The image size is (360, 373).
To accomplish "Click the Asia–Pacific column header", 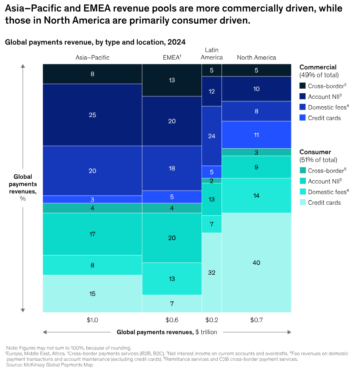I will pos(92,58).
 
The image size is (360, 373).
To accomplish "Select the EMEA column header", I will pos(172,58).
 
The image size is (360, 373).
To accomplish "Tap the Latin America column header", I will pos(212,54).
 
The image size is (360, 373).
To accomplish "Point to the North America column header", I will pos(256,58).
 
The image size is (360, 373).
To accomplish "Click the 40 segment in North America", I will pos(256,262).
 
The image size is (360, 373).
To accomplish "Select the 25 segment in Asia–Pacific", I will pos(92,115).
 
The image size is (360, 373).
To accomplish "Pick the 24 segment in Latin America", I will pos(212,136).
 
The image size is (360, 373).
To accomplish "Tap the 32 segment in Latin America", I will pos(212,272).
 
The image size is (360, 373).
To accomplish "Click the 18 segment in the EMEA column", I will pos(172,168).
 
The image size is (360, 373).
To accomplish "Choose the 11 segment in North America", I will pos(256,135).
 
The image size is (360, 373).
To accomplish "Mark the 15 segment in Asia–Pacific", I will pos(92,293).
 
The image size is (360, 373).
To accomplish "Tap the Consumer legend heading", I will pos(314,152).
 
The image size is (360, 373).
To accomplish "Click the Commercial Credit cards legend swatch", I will pos(303,118).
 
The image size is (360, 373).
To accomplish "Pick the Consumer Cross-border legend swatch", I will pos(303,171).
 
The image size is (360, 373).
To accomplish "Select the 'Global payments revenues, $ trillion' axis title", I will pos(167,332).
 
